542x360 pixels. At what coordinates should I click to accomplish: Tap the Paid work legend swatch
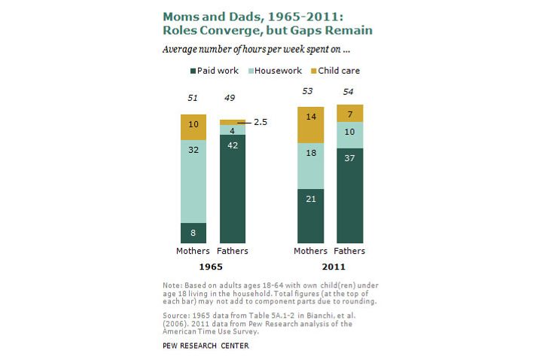[x=193, y=71]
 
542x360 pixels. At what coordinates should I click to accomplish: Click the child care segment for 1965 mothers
[x=193, y=127]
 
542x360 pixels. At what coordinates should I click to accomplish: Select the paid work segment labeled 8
[x=193, y=233]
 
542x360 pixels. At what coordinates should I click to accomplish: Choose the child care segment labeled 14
[x=310, y=125]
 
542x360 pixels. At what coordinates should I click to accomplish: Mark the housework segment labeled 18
[x=310, y=166]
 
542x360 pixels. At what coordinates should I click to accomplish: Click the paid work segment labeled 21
[x=310, y=216]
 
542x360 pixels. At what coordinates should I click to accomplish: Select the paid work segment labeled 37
[x=350, y=196]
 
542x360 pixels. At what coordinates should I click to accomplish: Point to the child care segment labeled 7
[x=350, y=113]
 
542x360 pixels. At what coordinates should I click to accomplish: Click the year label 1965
[x=213, y=267]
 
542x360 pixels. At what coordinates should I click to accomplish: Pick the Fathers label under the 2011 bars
[x=350, y=251]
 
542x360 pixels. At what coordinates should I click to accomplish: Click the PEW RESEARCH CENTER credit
[x=206, y=346]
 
